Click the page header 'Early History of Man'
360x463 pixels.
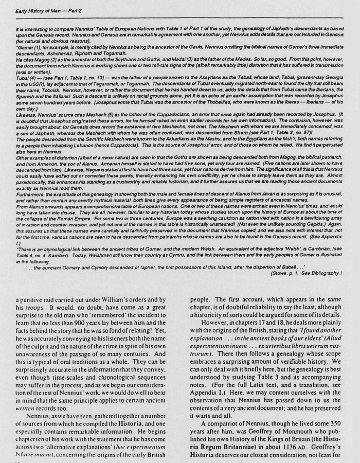(38, 7)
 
